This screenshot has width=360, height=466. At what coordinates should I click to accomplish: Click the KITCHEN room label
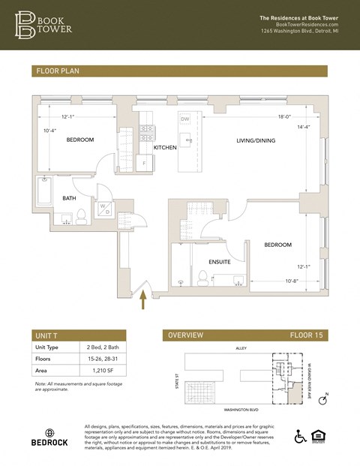pyautogui.click(x=165, y=148)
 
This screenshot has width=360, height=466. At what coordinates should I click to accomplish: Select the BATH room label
pyautogui.click(x=70, y=198)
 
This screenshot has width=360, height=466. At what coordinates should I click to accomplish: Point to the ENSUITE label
pyautogui.click(x=220, y=261)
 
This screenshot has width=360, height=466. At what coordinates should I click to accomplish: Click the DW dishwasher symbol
pyautogui.click(x=184, y=119)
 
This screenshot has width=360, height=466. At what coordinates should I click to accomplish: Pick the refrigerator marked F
pyautogui.click(x=143, y=162)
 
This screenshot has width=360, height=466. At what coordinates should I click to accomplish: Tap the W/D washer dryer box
pyautogui.click(x=103, y=209)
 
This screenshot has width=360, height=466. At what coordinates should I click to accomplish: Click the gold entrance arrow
pyautogui.click(x=142, y=300)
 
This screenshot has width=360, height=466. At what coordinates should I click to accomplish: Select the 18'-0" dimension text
pyautogui.click(x=285, y=116)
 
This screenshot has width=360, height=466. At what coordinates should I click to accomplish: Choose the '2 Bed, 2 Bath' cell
pyautogui.click(x=100, y=347)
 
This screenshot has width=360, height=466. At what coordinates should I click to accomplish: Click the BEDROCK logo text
pyautogui.click(x=49, y=443)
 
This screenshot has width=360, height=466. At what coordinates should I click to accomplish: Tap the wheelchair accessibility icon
pyautogui.click(x=301, y=436)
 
